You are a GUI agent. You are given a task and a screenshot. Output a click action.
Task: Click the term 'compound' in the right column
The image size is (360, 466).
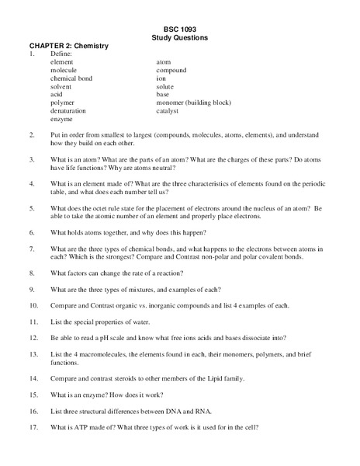pos(171,70)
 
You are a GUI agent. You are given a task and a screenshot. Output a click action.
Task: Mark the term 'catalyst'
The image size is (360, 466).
pos(168,111)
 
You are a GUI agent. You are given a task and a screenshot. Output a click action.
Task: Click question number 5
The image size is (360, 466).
pos(32,208)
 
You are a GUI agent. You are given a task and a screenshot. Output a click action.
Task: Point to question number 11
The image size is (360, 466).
pos(33,322)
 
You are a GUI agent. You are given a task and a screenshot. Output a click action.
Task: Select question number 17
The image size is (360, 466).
pos(33,427)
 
